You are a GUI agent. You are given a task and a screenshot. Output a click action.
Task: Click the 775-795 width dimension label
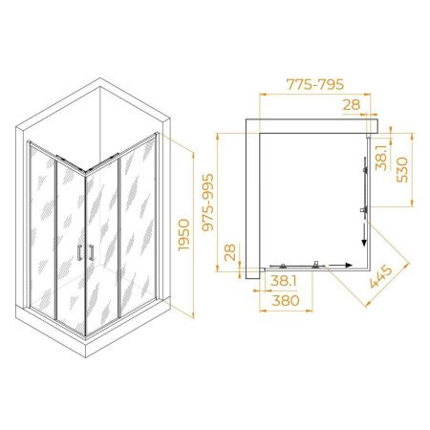[315, 84]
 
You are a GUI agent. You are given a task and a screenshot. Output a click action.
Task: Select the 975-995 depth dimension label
[208, 202]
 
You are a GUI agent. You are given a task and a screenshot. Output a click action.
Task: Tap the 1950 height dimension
[183, 235]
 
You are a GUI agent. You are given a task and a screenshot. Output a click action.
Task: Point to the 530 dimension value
[402, 170]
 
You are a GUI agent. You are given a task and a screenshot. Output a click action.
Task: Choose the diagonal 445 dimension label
[381, 277]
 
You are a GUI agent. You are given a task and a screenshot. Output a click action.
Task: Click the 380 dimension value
[286, 300]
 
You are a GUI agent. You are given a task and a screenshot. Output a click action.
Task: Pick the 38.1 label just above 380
[284, 281]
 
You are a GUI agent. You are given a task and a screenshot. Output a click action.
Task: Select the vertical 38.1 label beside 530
[381, 158]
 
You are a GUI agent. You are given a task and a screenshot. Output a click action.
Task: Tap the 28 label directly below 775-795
[352, 104]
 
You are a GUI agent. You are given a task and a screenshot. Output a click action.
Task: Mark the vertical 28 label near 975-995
[230, 252]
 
